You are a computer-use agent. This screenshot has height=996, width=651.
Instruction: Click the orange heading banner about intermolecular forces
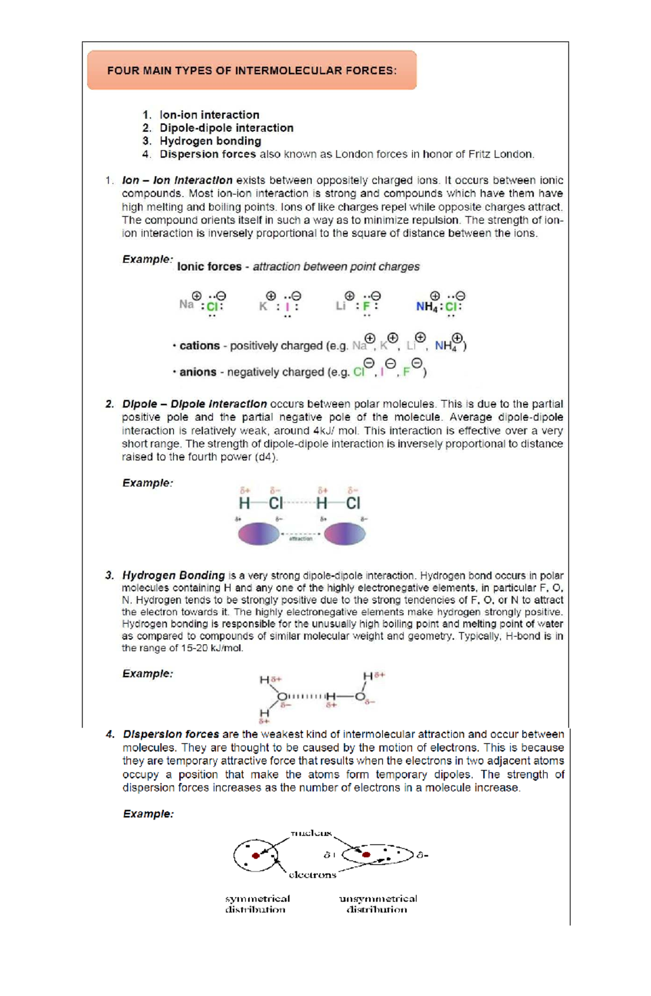point(252,71)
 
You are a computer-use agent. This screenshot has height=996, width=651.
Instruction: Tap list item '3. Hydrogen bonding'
point(210,141)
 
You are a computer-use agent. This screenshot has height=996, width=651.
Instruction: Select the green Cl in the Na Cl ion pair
point(212,307)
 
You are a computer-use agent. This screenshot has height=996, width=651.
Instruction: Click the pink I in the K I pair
point(288,307)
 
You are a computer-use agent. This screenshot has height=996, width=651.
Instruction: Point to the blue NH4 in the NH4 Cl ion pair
point(427,307)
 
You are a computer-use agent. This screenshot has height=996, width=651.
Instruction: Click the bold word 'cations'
point(200,346)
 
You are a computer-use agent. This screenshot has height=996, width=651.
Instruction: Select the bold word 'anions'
point(198,372)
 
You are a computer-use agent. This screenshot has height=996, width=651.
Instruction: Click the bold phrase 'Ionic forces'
point(209,267)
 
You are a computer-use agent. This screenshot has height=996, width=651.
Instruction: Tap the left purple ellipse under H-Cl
point(259,534)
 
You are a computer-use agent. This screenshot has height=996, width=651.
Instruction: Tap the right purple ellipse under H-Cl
point(345,534)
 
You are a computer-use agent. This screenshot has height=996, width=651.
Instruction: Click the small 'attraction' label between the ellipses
point(301,539)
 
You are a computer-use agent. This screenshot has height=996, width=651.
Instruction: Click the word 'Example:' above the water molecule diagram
point(148,674)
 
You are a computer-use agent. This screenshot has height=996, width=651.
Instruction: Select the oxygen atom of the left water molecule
point(282,696)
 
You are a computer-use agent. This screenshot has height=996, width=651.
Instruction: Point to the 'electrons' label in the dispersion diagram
point(312,875)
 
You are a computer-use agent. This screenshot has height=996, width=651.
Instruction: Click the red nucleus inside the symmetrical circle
point(256,856)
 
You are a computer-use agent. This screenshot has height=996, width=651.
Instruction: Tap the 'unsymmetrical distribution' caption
point(378,904)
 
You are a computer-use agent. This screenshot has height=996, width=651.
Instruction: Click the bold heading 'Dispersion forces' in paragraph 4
point(171,734)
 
